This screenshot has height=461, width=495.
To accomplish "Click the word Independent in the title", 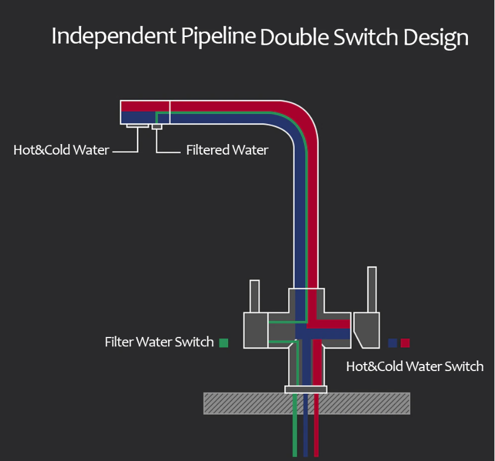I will [112, 36].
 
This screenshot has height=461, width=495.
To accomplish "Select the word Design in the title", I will [436, 38].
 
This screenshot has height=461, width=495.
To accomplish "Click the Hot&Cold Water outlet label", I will [61, 150].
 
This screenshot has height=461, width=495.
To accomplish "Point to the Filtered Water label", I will [227, 150].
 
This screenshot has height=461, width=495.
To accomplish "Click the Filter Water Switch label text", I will [159, 342].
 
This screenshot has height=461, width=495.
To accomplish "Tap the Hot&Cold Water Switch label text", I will [414, 366].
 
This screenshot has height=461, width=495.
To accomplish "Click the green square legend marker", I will [223, 342].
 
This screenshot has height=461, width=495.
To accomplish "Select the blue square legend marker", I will [393, 343].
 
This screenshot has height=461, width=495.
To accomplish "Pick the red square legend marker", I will [405, 343].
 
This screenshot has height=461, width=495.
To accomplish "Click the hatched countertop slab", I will [247, 403].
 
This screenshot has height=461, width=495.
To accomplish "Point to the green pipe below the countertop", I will [295, 435].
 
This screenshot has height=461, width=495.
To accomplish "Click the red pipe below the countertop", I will [316, 435].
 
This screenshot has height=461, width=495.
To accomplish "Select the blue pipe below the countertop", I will [306, 435].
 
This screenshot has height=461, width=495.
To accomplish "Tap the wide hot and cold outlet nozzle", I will [138, 125].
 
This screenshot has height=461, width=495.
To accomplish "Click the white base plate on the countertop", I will [306, 389].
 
